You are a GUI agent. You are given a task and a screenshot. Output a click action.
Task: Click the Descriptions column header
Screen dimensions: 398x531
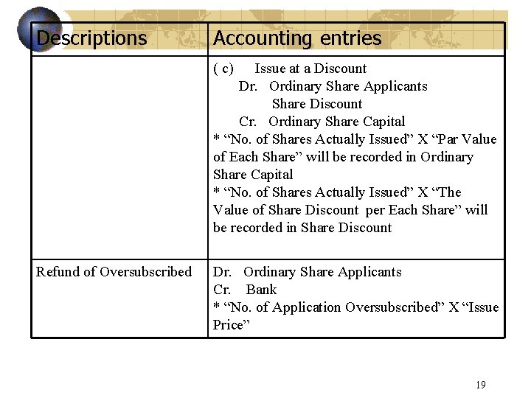coord(91,38)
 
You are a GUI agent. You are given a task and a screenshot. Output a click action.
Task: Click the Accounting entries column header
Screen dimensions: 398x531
coord(297,38)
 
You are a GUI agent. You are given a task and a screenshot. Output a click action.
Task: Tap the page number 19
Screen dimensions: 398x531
coord(481,384)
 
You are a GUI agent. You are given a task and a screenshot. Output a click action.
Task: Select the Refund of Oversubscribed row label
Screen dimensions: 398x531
coord(114,272)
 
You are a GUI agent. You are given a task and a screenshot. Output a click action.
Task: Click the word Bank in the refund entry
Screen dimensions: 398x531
coord(261,290)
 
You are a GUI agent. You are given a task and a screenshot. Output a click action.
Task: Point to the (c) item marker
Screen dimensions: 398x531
coord(223,69)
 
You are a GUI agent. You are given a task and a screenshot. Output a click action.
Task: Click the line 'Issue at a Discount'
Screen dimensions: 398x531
coord(310,69)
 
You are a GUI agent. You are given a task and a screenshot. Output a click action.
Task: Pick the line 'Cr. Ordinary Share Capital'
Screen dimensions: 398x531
coord(322,122)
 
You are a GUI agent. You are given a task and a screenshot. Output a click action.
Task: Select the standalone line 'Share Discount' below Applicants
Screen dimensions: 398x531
coord(317,104)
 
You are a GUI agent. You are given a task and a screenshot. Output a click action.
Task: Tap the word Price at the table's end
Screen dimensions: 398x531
coord(228,325)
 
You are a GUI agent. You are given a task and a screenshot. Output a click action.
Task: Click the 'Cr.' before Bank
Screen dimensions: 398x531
coord(222,290)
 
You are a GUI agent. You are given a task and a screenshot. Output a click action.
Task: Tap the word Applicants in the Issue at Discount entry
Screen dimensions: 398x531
coord(395,86)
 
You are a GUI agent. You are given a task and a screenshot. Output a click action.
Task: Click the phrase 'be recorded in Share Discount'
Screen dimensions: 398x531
coord(302,228)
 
